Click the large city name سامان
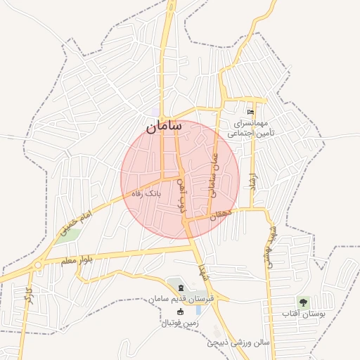pos(164,127)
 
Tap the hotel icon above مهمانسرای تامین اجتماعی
pos(251,112)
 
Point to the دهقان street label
pos(218,214)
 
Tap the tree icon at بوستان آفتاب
pos(304,302)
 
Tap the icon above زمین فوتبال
pos(181,311)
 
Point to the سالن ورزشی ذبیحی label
pos(240,345)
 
